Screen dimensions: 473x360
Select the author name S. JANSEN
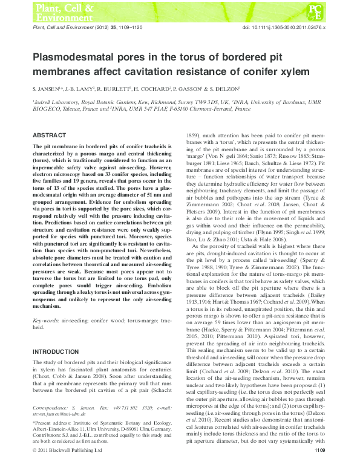(45, 90)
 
